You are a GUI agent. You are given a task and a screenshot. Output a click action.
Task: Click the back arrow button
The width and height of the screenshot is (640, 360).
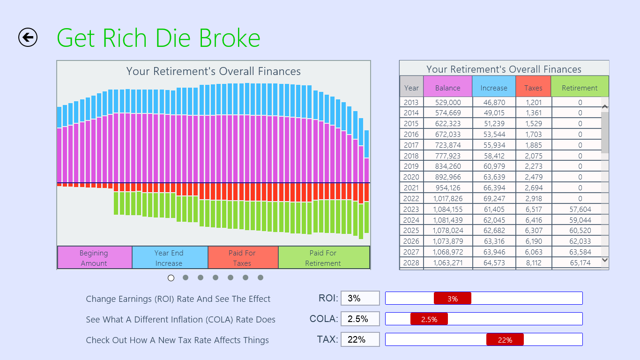pos(28,37)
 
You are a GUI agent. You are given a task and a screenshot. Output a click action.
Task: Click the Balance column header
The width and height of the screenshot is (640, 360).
pos(447,88)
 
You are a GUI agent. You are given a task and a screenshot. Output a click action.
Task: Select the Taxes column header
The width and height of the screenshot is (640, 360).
pos(533,88)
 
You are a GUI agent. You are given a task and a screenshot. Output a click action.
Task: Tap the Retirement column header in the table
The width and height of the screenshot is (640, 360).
pos(580,88)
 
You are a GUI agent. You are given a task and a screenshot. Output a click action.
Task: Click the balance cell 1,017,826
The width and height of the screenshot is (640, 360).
pos(447,198)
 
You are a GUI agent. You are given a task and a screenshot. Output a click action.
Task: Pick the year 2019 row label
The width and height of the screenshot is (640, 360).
pos(411,166)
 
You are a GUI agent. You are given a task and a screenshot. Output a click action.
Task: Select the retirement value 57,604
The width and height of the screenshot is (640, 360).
pos(580,209)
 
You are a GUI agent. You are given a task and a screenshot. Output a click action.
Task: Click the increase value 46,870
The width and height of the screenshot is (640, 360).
pos(493,102)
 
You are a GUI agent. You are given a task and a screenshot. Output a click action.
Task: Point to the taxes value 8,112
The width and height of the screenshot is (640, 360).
pos(533,262)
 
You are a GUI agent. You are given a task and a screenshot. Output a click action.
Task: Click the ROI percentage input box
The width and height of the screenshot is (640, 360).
pos(360,298)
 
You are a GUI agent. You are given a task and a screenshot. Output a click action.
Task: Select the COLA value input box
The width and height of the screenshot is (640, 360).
pos(360,319)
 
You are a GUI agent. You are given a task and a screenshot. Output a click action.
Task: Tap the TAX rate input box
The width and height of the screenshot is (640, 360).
pos(360,339)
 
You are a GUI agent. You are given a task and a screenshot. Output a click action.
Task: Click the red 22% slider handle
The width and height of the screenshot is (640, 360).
pos(505,340)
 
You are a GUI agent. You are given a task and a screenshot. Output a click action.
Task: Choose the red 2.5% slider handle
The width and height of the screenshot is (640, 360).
pos(429,319)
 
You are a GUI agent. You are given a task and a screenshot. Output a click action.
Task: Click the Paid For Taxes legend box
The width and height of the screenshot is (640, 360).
pos(242,258)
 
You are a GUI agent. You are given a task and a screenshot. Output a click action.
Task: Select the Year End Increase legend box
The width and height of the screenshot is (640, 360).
pos(169,258)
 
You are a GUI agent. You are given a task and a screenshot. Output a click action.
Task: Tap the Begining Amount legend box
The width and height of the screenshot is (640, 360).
pos(94,258)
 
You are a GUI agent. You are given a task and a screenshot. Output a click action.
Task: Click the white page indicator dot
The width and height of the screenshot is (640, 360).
pos(171,278)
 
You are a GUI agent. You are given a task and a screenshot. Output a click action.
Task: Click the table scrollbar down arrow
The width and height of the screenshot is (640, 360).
pos(604,260)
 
